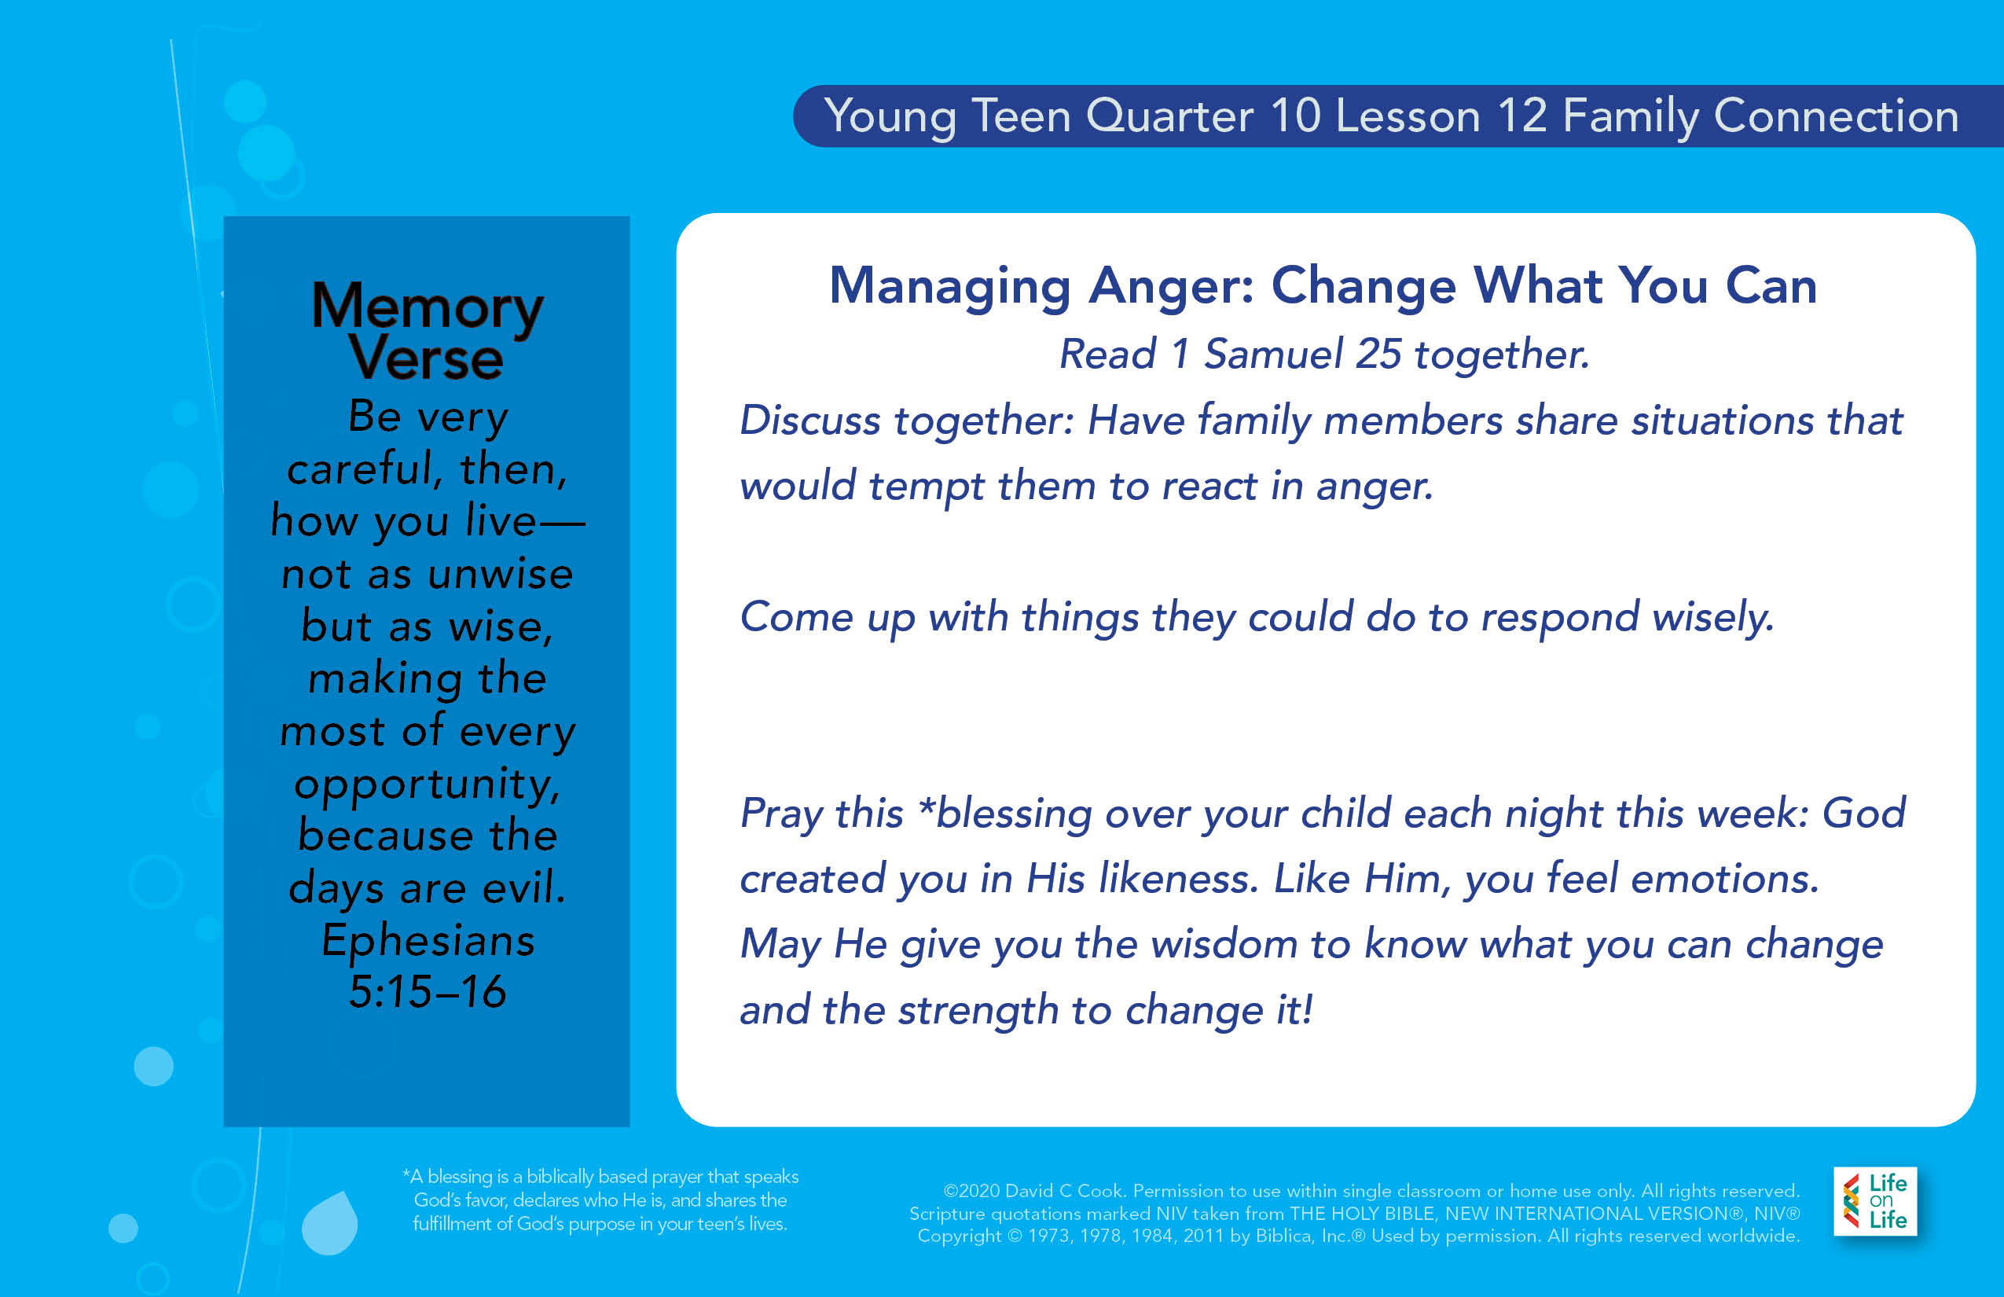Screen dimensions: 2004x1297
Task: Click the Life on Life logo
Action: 1875,1201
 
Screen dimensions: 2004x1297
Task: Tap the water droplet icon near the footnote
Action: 330,1222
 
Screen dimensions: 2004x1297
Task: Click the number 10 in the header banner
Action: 1296,116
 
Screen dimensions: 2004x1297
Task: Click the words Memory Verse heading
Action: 427,331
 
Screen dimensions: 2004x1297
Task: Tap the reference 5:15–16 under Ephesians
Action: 427,991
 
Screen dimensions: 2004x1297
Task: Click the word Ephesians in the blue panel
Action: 428,941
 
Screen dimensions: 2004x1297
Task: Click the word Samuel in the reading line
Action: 1272,354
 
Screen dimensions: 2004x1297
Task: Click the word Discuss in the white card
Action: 810,421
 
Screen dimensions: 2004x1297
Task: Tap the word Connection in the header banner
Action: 1836,116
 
